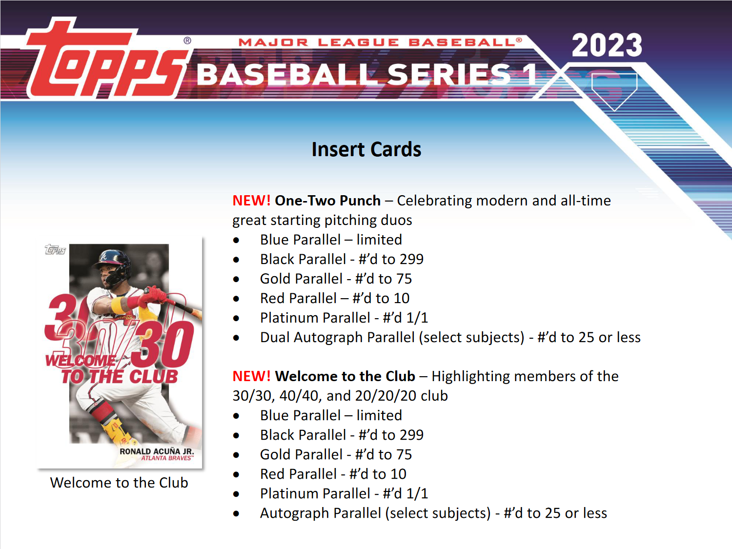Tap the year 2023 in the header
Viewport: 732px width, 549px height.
coord(607,45)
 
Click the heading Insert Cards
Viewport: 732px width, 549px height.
coord(366,149)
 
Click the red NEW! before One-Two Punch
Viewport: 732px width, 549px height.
coord(251,201)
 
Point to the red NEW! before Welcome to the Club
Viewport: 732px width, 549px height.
coord(251,376)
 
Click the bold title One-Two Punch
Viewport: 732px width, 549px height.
coord(327,201)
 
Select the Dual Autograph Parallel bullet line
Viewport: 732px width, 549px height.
coord(450,337)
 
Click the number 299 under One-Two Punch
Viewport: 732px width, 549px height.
coord(411,259)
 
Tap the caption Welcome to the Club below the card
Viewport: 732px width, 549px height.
coord(119,483)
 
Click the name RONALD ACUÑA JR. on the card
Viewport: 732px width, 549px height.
coord(156,451)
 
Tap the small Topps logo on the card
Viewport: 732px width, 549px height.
coord(55,250)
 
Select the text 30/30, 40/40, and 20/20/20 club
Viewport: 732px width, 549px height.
coord(340,396)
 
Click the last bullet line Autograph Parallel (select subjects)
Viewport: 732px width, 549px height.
coord(433,513)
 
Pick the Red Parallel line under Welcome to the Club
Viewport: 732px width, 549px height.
coord(333,474)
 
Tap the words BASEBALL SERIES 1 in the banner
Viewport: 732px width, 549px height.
coord(366,75)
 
